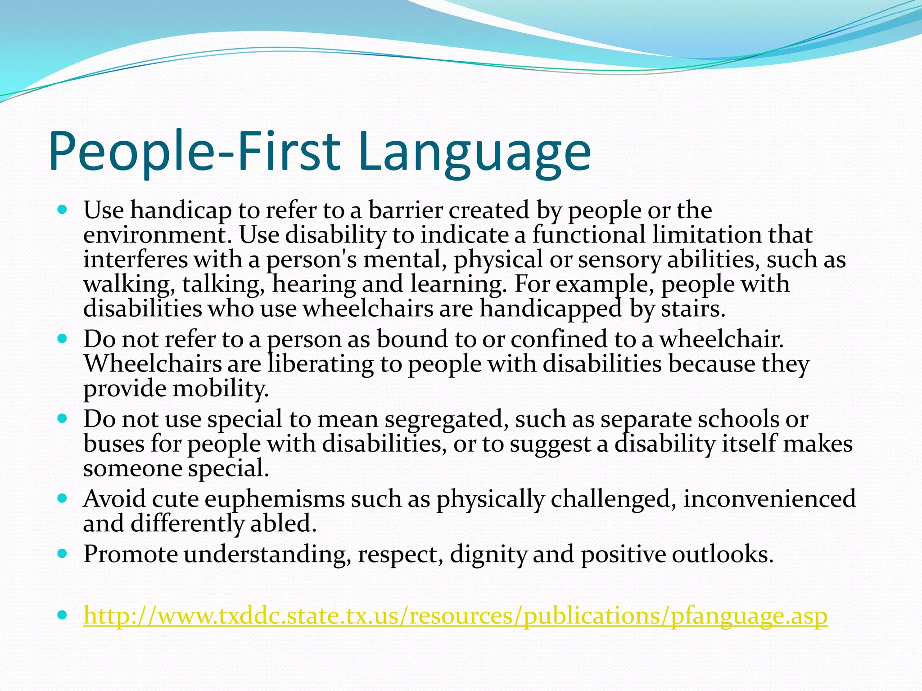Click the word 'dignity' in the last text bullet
coord(488,554)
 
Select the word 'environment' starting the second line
coord(158,235)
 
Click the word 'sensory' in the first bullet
coord(619,260)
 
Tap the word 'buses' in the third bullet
coord(113,444)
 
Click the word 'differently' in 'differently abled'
coord(186,524)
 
